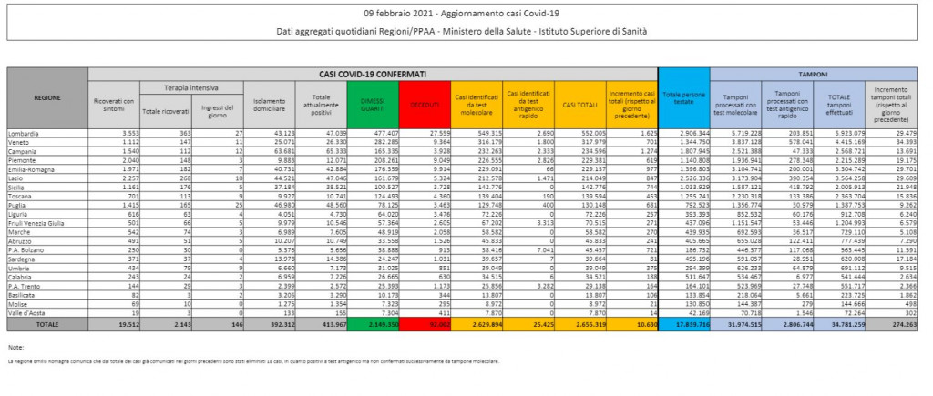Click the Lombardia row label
[x=25, y=133]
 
